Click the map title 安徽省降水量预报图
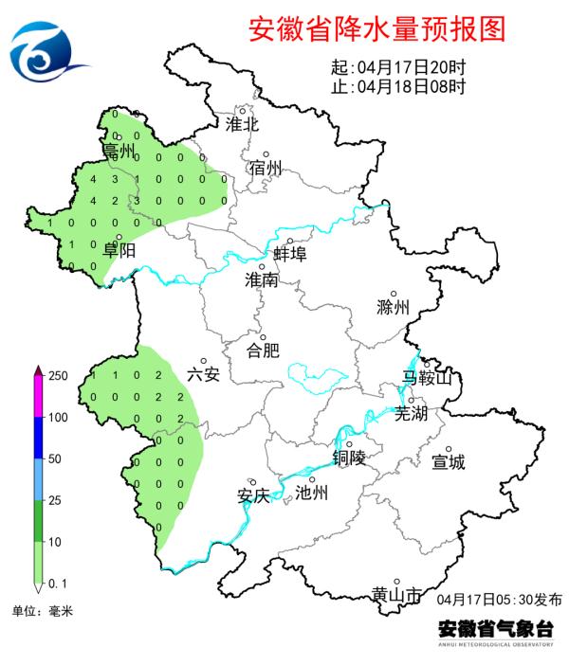click(x=377, y=29)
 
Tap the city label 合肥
click(x=263, y=350)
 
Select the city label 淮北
click(x=242, y=123)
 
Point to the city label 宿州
click(x=266, y=168)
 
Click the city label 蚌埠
click(x=289, y=253)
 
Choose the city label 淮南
click(x=261, y=280)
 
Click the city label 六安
click(x=203, y=374)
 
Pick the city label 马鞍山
click(x=429, y=379)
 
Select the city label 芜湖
click(x=412, y=414)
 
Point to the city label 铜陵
click(x=349, y=458)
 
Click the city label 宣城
click(x=449, y=462)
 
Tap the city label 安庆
click(x=253, y=495)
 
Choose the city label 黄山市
click(x=396, y=595)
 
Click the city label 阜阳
click(x=119, y=250)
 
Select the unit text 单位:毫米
click(x=41, y=612)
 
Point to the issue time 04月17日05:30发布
click(x=500, y=600)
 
